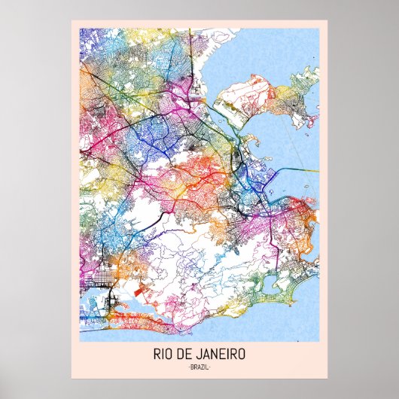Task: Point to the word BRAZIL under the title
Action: (x=200, y=367)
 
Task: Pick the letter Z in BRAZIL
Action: (x=204, y=367)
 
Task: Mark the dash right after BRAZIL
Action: (x=211, y=367)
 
